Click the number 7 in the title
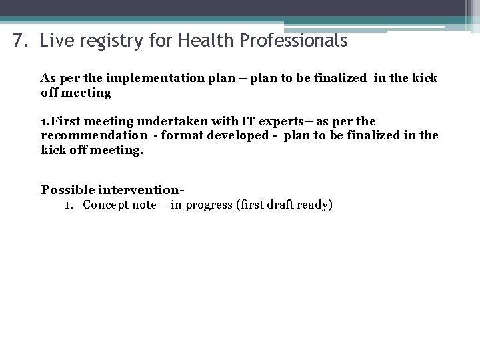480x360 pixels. [x=17, y=41]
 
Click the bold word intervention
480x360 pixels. [x=139, y=189]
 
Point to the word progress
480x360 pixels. [x=208, y=205]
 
